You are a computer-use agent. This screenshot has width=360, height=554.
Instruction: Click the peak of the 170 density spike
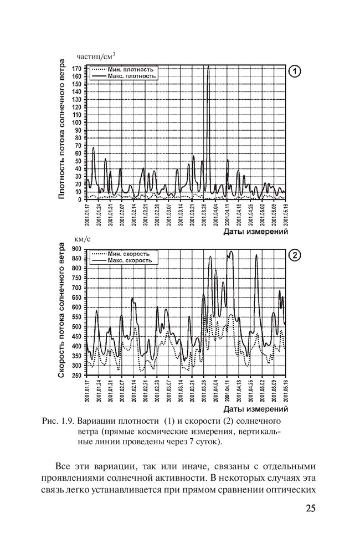coord(208,66)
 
